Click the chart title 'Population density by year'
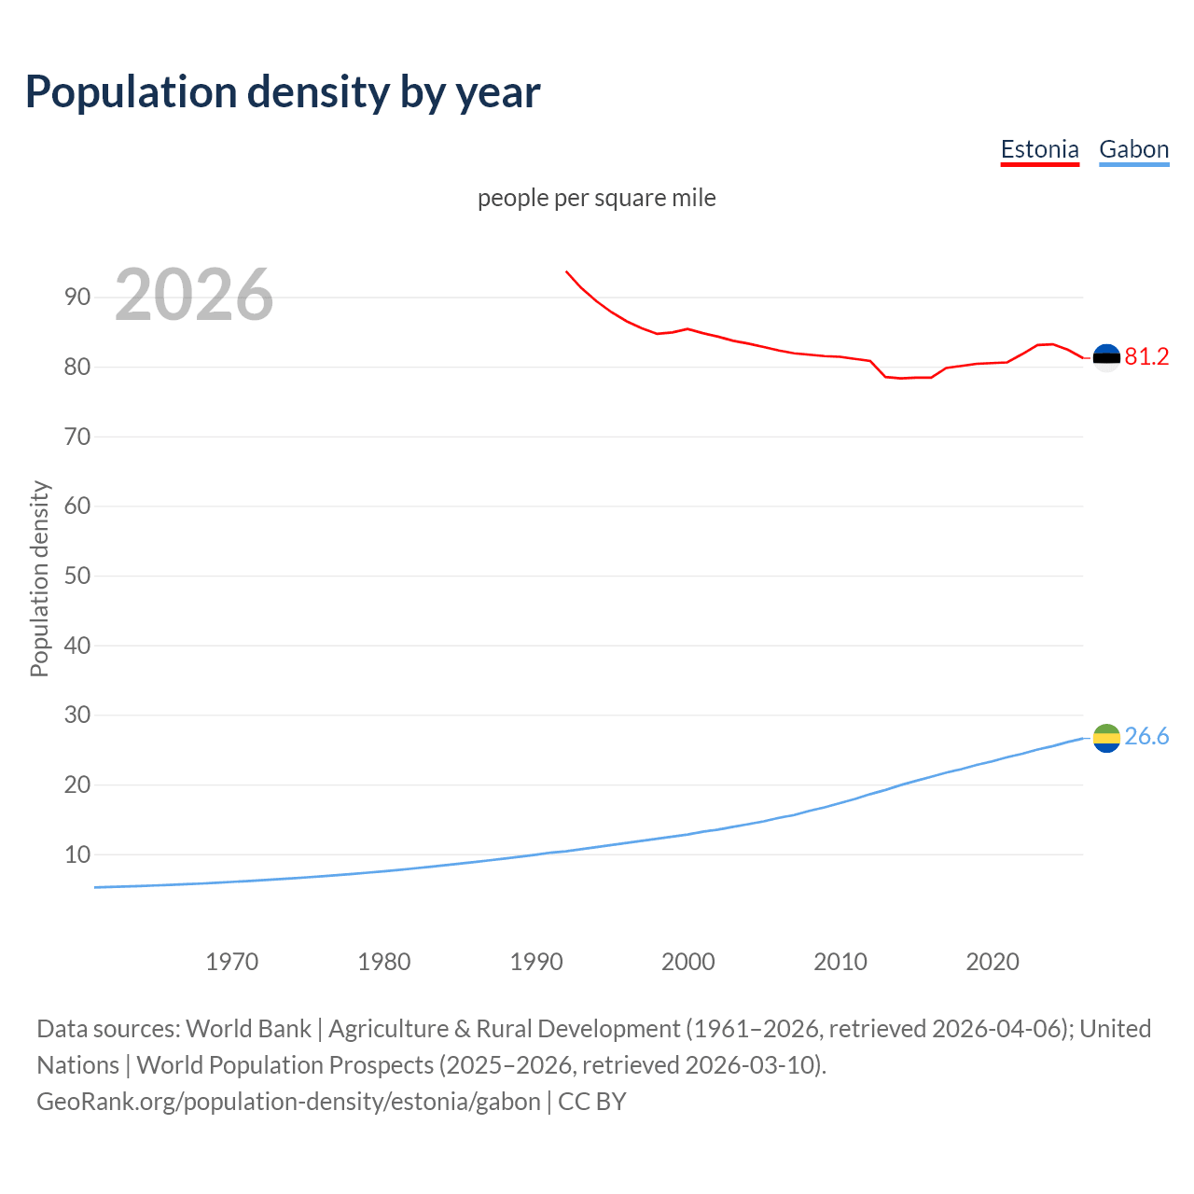(x=283, y=91)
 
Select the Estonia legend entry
(x=1039, y=149)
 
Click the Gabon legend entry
(x=1133, y=149)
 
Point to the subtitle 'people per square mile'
(x=597, y=198)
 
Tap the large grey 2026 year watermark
(x=194, y=295)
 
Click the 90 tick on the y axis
(x=77, y=298)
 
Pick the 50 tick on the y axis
(x=77, y=576)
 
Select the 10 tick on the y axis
(x=77, y=854)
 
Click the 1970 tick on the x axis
(x=232, y=962)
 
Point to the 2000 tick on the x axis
(x=688, y=962)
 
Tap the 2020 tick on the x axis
(x=993, y=962)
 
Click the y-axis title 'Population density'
(x=39, y=578)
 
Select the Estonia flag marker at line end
(x=1106, y=357)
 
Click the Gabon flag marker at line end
(x=1106, y=738)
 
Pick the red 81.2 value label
(x=1146, y=357)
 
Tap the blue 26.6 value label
(x=1146, y=737)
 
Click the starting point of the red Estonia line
(x=566, y=271)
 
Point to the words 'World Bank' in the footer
(x=248, y=1029)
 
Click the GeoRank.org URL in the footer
(x=288, y=1102)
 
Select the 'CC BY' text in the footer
(x=592, y=1102)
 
